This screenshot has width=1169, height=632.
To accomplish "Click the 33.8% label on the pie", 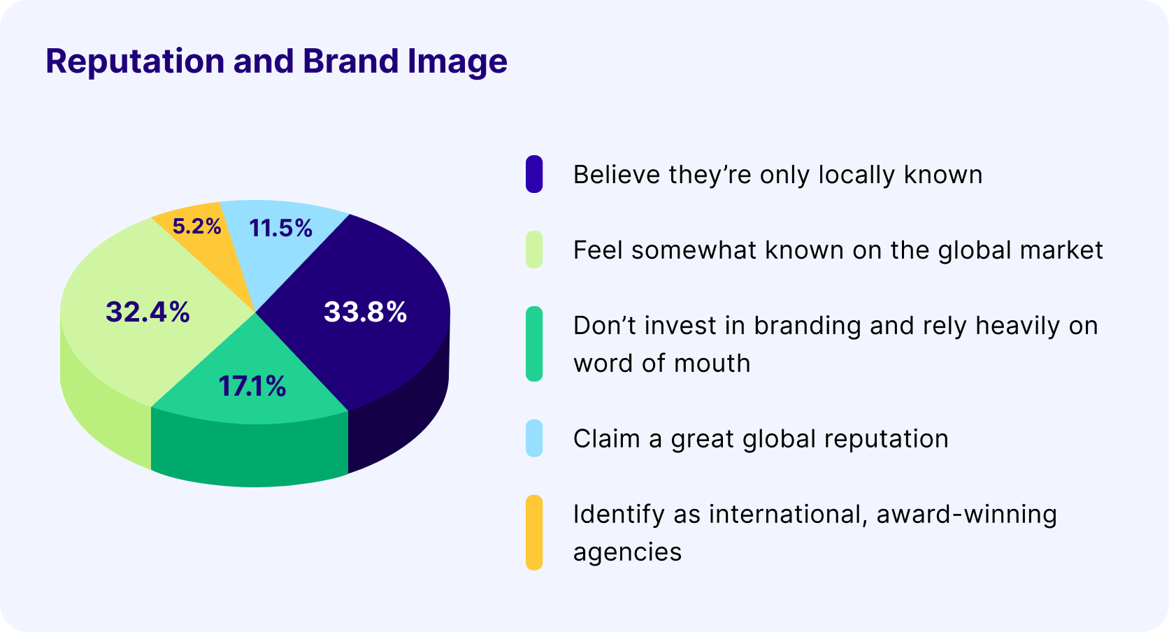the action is coord(365,312).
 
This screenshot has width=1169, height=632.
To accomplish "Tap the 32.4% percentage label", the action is coord(148,312).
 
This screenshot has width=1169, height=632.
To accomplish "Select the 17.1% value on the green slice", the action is coord(252,386).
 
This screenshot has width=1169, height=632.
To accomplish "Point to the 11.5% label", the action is coord(281,228).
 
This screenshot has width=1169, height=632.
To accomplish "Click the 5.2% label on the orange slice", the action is coord(196,226).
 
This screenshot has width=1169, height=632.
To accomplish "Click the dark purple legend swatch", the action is coord(534,174).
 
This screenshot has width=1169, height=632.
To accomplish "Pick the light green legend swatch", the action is coord(534,250).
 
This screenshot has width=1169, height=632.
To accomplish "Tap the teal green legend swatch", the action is coord(534,344).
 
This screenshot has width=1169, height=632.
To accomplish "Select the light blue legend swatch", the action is coord(534,438).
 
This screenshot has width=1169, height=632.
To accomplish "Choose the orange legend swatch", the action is coord(534,532).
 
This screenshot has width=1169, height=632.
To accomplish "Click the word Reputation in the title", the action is coord(136,62).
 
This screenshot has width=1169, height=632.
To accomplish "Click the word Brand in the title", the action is coord(351,61).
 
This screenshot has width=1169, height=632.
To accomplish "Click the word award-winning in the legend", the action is coord(966,515).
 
